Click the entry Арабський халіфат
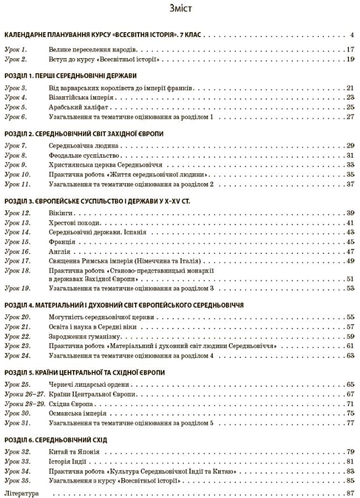pos(76,107)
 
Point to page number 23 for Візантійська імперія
pos(350,97)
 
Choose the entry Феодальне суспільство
pos(84,155)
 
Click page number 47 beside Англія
pos(350,252)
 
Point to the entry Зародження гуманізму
pos(84,336)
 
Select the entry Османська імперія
pos(80,413)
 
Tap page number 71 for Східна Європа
pos(350,404)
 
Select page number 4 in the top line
pos(352,34)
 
